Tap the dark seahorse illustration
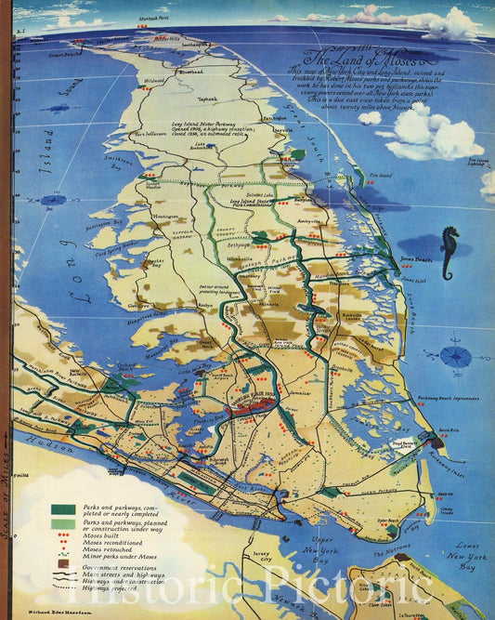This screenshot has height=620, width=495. [449, 253]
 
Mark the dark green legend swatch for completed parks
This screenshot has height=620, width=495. [64, 509]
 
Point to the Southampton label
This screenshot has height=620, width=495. [192, 44]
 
